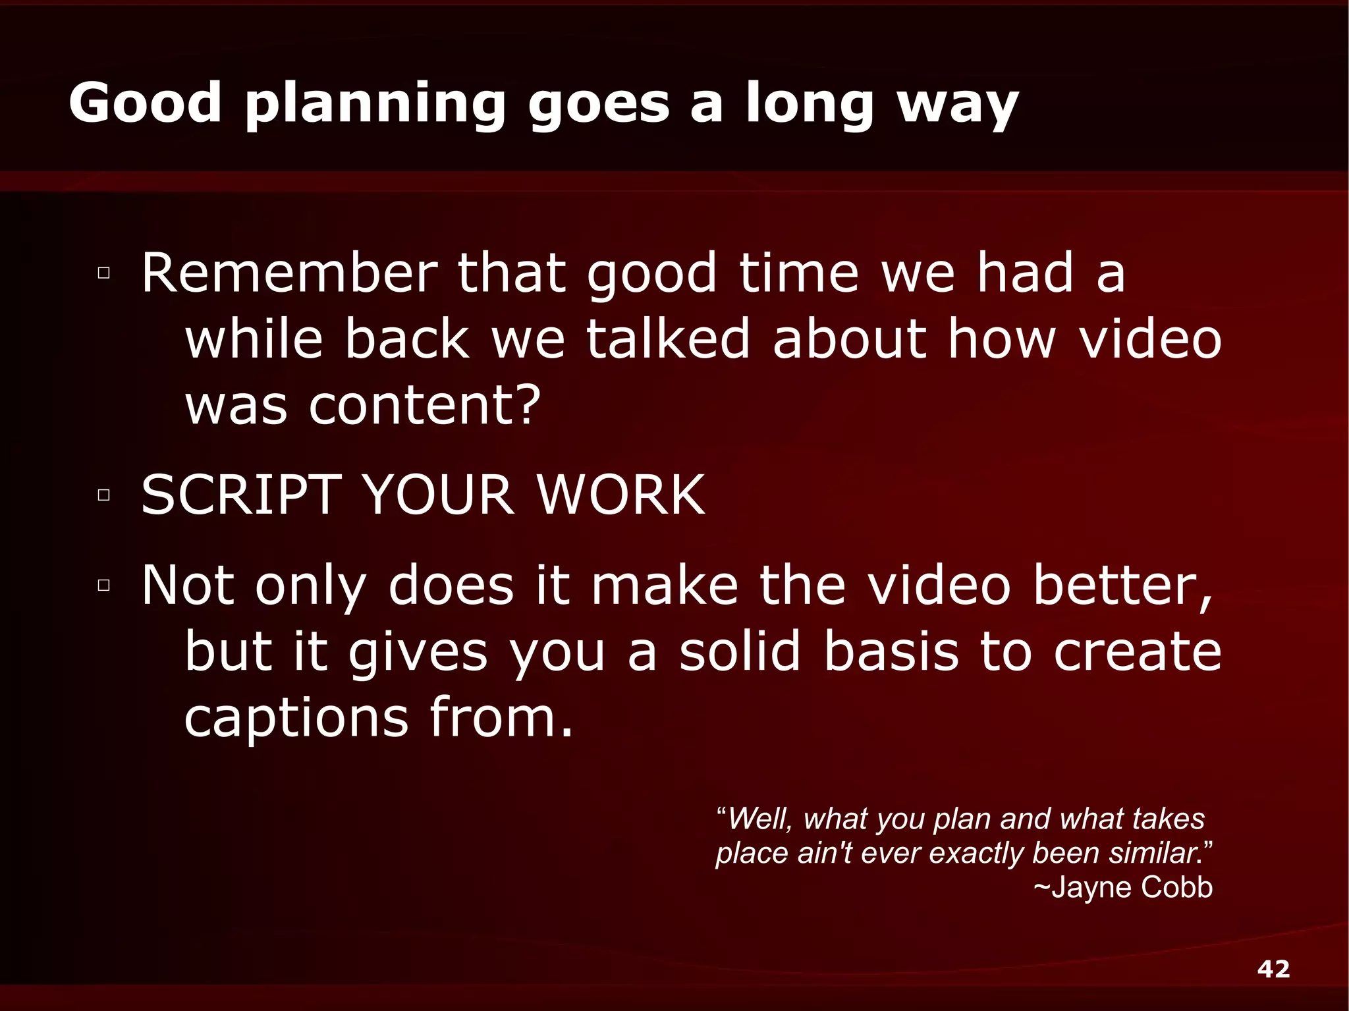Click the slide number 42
point(1273,969)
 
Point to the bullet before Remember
point(103,273)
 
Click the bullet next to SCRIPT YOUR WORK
point(103,495)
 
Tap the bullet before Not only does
point(103,585)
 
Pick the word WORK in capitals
point(621,495)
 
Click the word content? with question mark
point(424,404)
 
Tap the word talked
point(668,339)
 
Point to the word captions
point(296,718)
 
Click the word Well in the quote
point(758,819)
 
